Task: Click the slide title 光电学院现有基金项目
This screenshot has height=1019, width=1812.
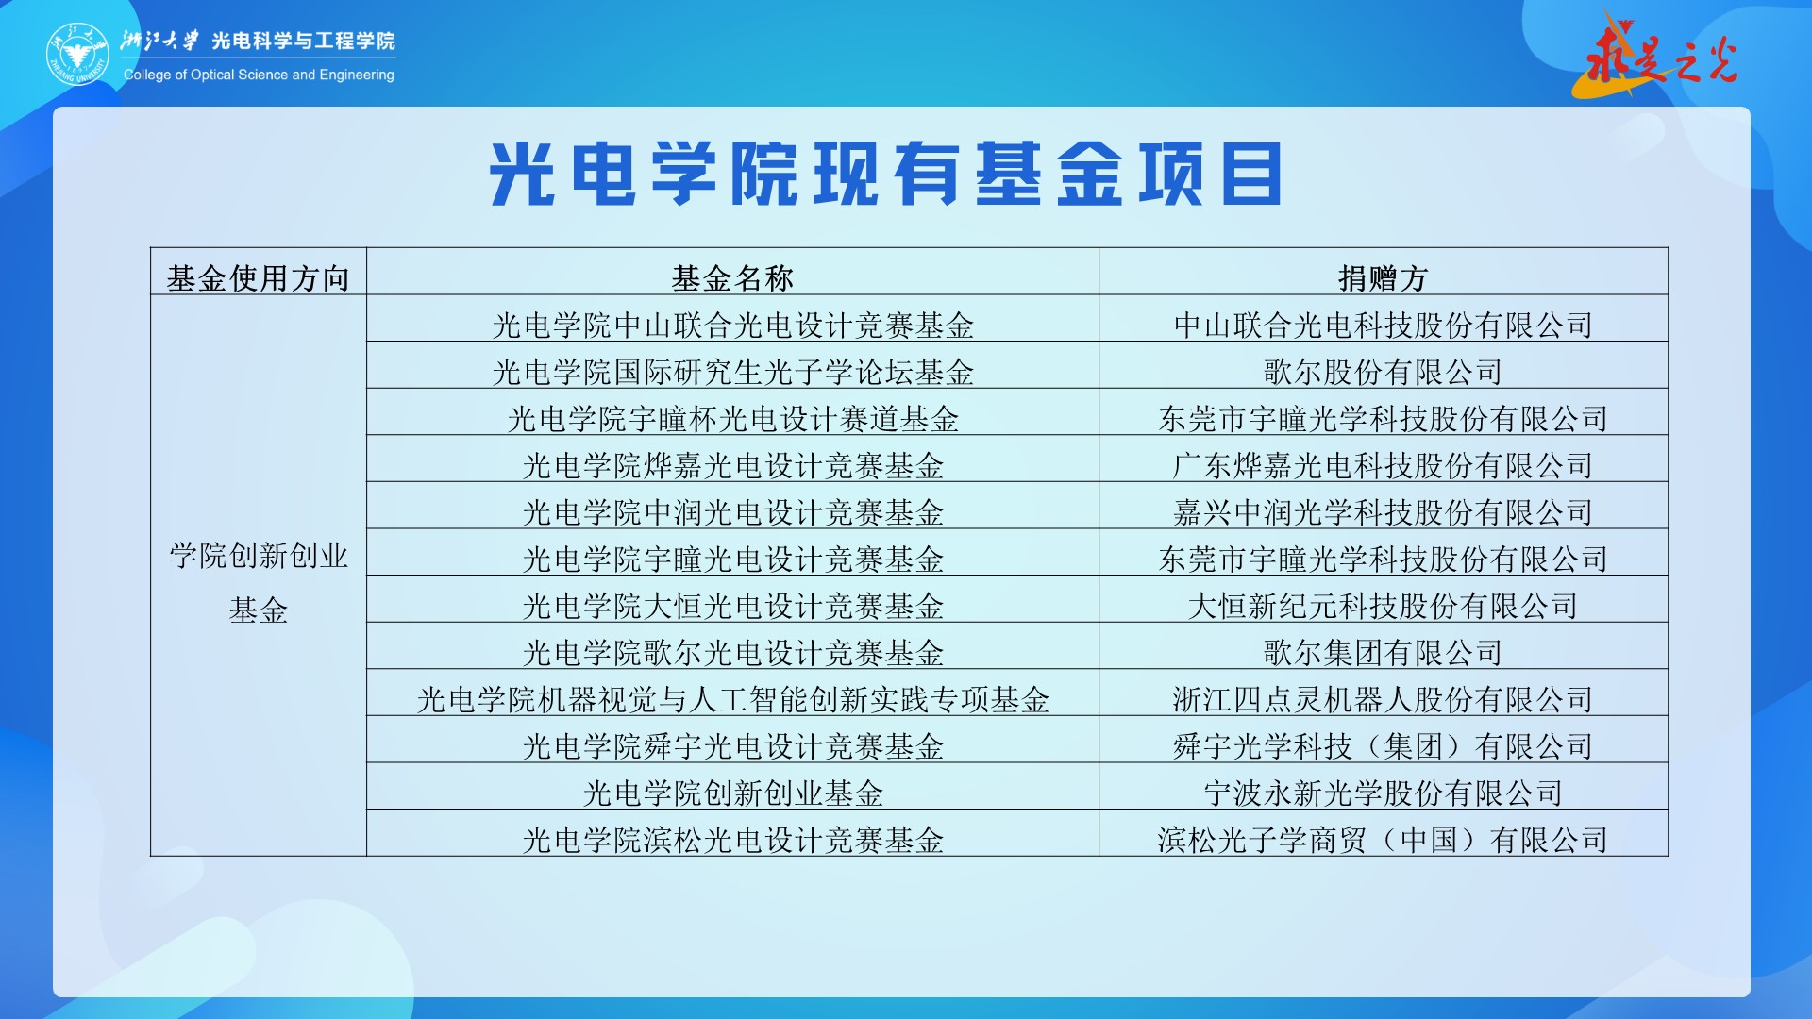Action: click(x=886, y=174)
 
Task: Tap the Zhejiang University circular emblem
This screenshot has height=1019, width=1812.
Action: click(x=78, y=54)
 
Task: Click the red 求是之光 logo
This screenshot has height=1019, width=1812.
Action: click(x=1657, y=55)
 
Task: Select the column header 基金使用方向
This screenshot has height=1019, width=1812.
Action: click(x=258, y=278)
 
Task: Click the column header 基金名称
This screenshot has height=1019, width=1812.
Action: click(x=732, y=278)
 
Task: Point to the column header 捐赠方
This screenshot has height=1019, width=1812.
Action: click(x=1384, y=278)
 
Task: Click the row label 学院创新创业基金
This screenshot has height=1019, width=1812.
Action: click(x=258, y=582)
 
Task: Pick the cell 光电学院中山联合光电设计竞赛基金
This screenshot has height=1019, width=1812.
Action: click(x=732, y=326)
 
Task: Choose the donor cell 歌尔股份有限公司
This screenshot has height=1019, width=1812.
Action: click(x=1384, y=372)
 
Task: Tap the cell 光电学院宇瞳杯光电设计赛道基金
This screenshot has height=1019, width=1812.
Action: click(x=732, y=419)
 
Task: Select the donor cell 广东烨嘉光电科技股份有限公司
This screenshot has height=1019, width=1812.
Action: click(x=1384, y=465)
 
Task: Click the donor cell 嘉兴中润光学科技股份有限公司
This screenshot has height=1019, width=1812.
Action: click(x=1384, y=512)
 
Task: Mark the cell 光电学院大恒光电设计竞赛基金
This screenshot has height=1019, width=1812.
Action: click(x=732, y=606)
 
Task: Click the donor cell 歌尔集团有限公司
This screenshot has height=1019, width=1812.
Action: click(x=1384, y=652)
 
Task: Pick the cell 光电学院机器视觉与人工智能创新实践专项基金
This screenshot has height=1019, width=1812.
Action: click(x=732, y=699)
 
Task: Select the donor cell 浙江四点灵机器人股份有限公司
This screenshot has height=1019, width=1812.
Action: click(x=1384, y=699)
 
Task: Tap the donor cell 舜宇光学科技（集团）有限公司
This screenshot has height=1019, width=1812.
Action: click(x=1384, y=746)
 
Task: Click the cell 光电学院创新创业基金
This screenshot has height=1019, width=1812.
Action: click(x=732, y=793)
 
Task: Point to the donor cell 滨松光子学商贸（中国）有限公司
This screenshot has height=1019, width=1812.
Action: click(x=1384, y=840)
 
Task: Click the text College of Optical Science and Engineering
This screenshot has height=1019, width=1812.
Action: click(x=259, y=75)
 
